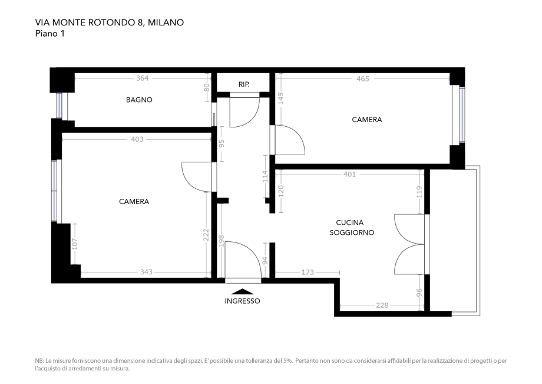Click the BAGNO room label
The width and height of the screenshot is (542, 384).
[139, 100]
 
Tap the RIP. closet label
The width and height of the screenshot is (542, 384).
[244, 84]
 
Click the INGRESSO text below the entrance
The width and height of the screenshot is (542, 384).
[242, 301]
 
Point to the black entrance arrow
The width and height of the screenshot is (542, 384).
[242, 291]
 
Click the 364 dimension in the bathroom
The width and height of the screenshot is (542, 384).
[142, 78]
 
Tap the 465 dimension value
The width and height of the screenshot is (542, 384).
[363, 78]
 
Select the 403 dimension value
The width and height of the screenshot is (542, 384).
[137, 139]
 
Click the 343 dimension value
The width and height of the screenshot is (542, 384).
[146, 272]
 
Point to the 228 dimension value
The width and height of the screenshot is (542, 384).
[382, 305]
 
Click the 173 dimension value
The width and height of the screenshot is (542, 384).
[308, 272]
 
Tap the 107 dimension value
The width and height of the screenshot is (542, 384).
[75, 244]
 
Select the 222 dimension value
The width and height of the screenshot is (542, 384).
[206, 235]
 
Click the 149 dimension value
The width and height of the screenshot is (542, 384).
[281, 99]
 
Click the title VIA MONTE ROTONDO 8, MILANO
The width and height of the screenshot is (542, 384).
[110, 22]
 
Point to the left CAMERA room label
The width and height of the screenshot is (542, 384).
[134, 201]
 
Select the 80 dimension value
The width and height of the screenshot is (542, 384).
[206, 87]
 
